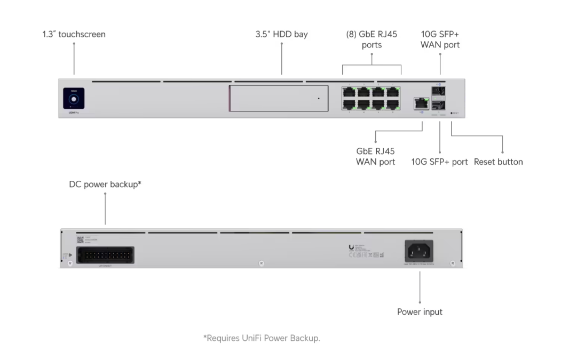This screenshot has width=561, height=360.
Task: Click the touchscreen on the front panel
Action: (x=74, y=98)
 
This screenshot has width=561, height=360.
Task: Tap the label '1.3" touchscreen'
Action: (x=74, y=34)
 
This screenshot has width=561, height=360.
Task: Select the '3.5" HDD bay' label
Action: (x=281, y=34)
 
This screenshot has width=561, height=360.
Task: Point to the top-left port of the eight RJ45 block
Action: (x=349, y=91)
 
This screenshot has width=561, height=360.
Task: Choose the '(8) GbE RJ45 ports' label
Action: (x=372, y=39)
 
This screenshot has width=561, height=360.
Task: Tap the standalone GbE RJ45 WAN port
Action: (x=421, y=103)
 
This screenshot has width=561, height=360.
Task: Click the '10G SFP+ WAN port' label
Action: (x=440, y=39)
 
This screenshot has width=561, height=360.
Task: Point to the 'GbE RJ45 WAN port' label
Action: (x=376, y=156)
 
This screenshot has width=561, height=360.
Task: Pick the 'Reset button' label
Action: (x=498, y=162)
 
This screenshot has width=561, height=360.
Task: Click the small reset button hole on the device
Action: (x=452, y=114)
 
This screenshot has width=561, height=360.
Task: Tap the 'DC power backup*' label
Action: (x=105, y=185)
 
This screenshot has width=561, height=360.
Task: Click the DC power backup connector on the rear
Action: (x=105, y=255)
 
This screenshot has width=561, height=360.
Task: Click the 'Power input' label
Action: (x=420, y=312)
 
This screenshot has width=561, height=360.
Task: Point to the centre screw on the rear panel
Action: (x=261, y=263)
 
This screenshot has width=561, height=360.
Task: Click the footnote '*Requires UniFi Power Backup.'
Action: (x=262, y=338)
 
